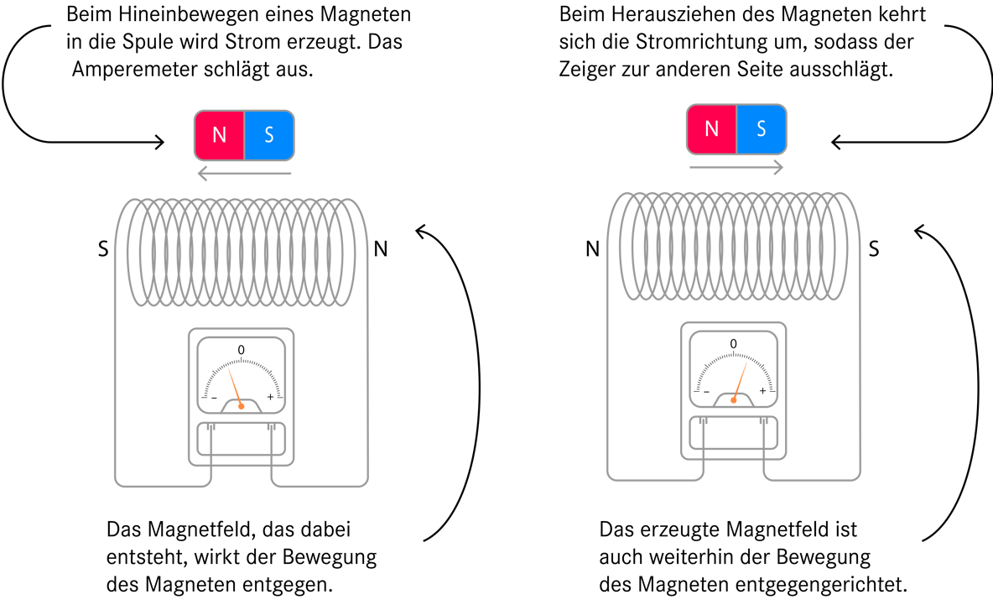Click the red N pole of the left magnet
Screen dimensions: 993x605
pyautogui.click(x=219, y=135)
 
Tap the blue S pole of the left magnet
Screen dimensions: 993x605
pyautogui.click(x=269, y=135)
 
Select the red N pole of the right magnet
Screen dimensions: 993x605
pyautogui.click(x=712, y=129)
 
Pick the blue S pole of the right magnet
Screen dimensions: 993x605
pyautogui.click(x=762, y=129)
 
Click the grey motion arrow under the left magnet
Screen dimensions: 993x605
pyautogui.click(x=244, y=173)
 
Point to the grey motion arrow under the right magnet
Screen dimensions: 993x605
pyautogui.click(x=736, y=167)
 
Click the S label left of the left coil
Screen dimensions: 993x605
pyautogui.click(x=103, y=249)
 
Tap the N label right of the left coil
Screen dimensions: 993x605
pyautogui.click(x=381, y=249)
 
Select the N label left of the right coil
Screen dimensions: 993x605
pyautogui.click(x=593, y=249)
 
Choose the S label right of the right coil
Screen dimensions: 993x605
pyautogui.click(x=874, y=249)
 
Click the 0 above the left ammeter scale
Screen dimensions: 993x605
pyautogui.click(x=242, y=350)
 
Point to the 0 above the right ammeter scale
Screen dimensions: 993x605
pyautogui.click(x=733, y=343)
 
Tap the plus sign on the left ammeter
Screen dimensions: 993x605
pyautogui.click(x=270, y=397)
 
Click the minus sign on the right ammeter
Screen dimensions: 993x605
pyautogui.click(x=706, y=392)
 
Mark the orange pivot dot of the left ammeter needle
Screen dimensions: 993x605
pyautogui.click(x=242, y=406)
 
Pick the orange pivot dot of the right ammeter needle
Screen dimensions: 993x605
pyautogui.click(x=733, y=399)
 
